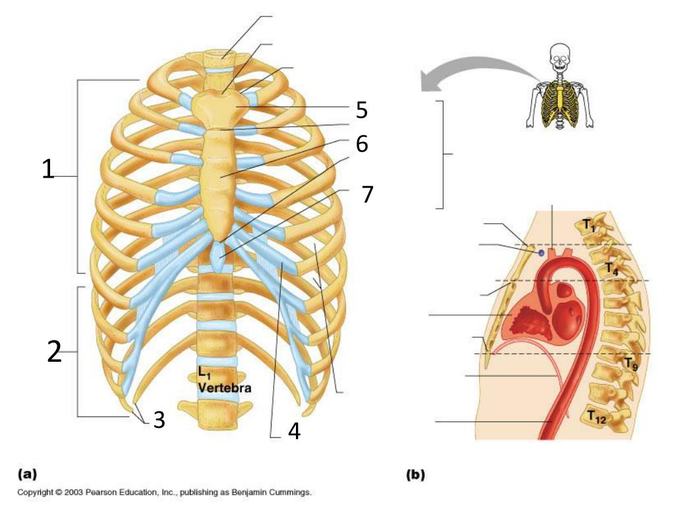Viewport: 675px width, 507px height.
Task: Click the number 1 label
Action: click(47, 169)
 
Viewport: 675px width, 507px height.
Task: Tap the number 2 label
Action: click(54, 353)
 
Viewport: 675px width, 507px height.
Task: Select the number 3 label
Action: click(159, 419)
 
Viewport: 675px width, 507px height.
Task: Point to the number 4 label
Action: click(294, 431)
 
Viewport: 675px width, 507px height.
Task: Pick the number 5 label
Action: click(361, 110)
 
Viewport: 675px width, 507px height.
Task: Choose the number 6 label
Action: click(362, 143)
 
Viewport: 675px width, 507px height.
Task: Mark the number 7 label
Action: click(367, 194)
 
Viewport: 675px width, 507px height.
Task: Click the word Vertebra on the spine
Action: click(225, 388)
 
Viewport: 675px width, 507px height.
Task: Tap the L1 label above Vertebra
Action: click(204, 373)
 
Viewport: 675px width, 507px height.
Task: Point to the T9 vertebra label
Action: click(631, 362)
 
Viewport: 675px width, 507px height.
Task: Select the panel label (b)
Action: click(416, 473)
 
